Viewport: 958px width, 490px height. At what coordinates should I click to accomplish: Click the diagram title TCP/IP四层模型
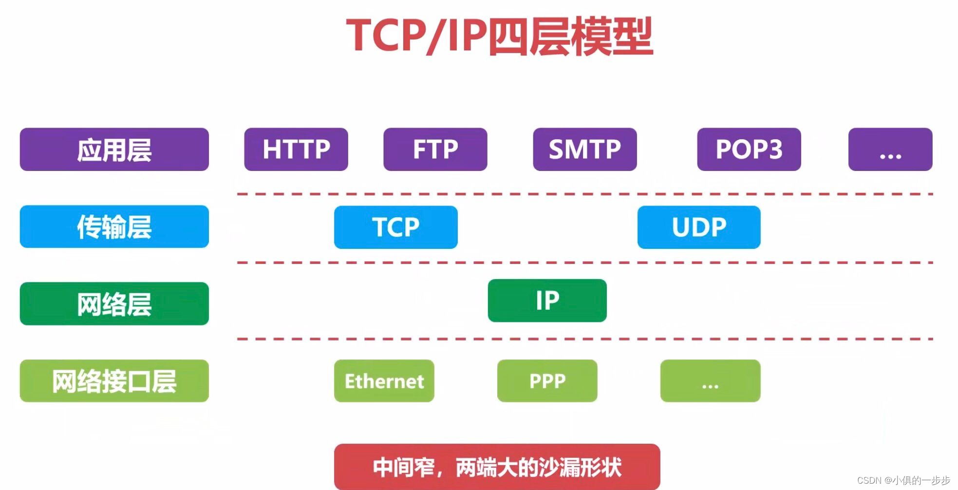499,36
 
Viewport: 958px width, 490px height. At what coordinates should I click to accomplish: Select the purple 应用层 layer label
114,150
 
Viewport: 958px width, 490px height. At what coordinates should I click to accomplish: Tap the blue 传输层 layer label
114,226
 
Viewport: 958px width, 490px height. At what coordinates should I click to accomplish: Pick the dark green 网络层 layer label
114,304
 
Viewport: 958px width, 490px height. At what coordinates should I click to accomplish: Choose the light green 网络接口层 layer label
114,381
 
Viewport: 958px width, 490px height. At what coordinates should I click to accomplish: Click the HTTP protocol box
296,150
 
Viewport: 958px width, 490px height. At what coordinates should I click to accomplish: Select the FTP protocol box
435,150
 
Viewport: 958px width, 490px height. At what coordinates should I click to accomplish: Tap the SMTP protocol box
584,150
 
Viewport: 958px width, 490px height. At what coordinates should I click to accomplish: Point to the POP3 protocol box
749,150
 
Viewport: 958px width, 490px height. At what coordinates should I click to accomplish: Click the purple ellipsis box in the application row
890,150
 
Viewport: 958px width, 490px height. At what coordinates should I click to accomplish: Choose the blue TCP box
395,227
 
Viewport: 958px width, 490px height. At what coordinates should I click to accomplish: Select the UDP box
698,227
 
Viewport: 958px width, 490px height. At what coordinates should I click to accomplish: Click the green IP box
547,301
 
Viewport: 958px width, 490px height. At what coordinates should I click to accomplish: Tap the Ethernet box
384,381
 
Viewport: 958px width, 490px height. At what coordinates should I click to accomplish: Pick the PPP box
547,381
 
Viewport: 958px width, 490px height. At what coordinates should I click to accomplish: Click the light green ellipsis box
710,381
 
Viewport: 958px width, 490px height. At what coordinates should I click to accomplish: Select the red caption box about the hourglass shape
497,467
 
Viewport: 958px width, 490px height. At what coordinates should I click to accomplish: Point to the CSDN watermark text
903,480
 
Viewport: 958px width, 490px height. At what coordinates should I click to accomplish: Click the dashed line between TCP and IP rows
584,263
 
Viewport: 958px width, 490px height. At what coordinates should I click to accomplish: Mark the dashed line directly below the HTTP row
584,194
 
